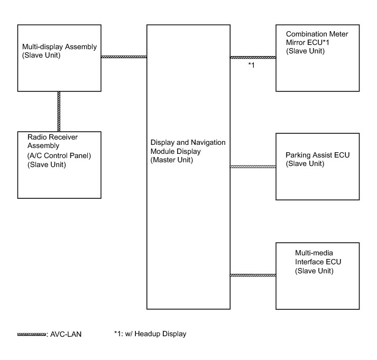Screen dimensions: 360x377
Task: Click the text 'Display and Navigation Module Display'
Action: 188,146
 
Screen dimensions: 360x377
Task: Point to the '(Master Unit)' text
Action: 172,160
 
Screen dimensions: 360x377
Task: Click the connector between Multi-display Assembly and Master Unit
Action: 124,57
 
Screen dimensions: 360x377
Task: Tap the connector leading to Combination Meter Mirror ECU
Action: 253,57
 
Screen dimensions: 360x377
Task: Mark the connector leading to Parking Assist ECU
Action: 253,167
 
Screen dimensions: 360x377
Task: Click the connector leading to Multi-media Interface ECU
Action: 253,275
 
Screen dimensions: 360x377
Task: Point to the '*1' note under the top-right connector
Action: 252,65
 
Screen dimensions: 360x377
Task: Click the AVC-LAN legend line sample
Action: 31,334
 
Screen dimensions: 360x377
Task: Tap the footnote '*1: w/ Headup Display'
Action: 150,334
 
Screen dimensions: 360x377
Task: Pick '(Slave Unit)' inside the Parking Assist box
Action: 305,163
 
